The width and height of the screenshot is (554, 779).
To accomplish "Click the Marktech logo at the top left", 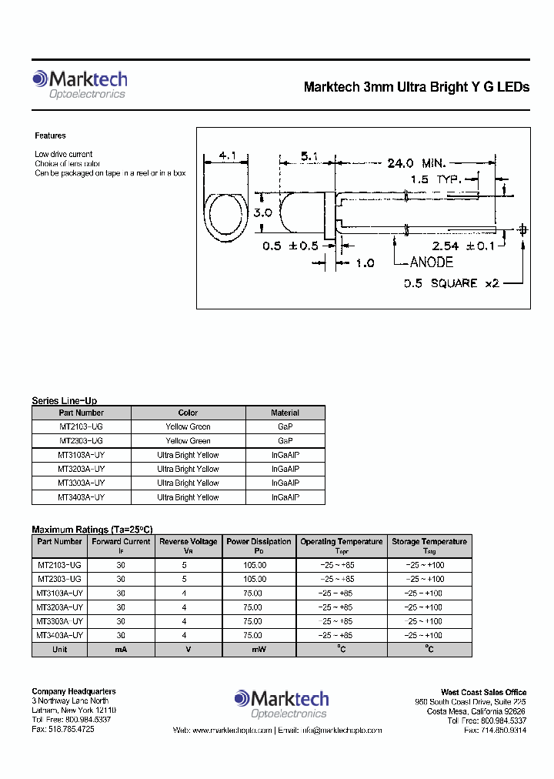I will (79, 84).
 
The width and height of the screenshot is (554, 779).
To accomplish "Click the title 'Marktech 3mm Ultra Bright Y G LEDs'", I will (416, 87).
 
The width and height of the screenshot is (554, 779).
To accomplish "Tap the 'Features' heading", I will (51, 135).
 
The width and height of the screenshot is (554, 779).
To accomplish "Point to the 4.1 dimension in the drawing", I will (228, 156).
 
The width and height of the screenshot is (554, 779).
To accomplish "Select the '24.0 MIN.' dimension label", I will (415, 163).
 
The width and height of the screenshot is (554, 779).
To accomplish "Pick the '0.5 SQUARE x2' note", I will (452, 283).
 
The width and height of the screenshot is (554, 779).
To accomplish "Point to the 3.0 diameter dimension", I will (262, 212).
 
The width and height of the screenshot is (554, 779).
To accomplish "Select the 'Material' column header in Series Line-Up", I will (285, 413).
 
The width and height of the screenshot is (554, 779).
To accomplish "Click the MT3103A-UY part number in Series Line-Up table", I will (81, 455).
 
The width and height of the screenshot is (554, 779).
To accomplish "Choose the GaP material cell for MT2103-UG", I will (285, 426).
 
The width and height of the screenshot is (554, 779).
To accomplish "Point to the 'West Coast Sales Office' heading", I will (483, 692).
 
